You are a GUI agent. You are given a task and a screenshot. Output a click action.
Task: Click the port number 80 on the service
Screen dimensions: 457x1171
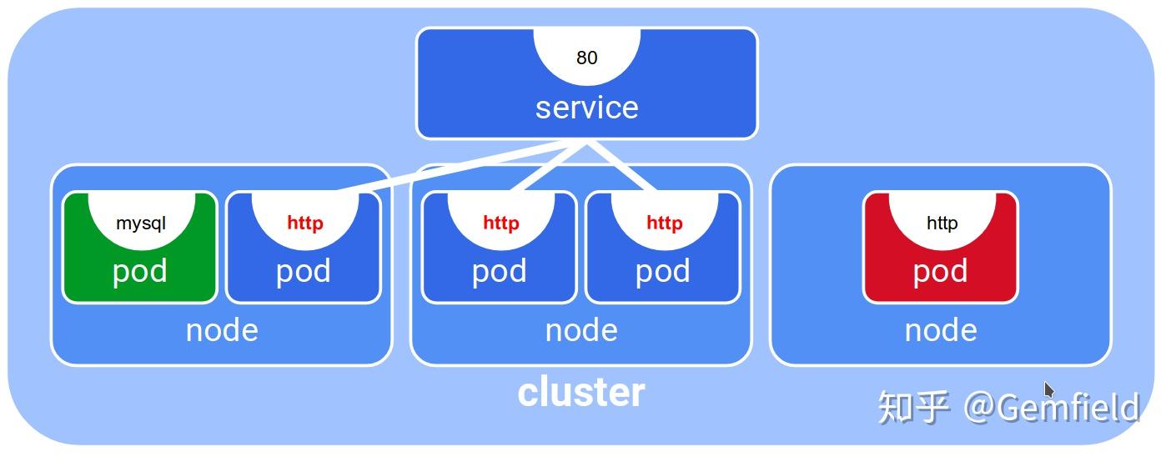(586, 58)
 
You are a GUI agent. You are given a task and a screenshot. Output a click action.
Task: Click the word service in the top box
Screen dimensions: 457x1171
(586, 108)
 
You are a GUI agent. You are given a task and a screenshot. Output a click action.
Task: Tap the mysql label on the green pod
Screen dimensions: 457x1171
(140, 223)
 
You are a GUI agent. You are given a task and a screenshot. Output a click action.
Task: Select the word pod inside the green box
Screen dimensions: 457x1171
(139, 271)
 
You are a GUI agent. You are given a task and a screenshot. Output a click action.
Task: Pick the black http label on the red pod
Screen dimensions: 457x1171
(942, 223)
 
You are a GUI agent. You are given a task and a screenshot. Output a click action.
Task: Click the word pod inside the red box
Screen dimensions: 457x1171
(940, 271)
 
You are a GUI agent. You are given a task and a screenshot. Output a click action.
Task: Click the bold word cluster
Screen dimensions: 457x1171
(581, 392)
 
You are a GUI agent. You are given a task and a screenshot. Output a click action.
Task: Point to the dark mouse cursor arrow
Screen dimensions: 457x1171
(1048, 389)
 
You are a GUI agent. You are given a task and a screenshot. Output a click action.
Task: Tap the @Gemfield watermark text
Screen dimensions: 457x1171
(1051, 408)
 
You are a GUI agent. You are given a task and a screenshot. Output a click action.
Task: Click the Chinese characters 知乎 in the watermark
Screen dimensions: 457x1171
(913, 408)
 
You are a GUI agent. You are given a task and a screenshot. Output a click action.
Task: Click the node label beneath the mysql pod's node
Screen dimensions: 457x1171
(222, 330)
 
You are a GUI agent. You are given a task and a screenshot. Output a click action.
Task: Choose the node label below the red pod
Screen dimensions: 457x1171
(941, 330)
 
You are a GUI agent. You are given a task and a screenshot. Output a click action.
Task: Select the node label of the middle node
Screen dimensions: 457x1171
(581, 330)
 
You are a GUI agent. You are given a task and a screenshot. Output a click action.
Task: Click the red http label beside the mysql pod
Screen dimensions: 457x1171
(304, 223)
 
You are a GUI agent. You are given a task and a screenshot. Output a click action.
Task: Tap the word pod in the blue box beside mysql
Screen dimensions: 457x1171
(303, 271)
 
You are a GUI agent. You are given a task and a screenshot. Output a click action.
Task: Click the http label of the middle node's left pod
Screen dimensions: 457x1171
(500, 223)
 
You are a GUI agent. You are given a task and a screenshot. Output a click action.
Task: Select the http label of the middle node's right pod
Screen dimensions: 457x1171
(664, 223)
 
